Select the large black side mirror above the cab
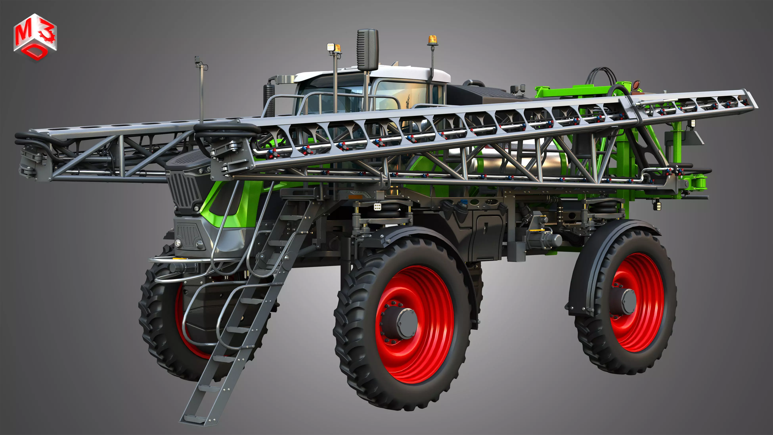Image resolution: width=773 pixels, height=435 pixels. point(367,50)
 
